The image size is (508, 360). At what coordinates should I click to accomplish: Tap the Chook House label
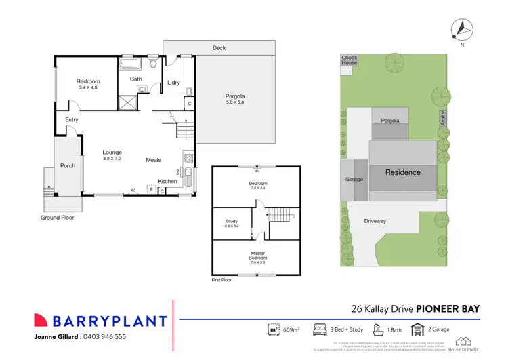click(x=350, y=60)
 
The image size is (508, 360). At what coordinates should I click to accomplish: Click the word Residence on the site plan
click(x=403, y=172)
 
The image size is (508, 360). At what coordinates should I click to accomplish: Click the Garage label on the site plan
click(x=354, y=180)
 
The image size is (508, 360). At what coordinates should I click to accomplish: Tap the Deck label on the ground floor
click(x=219, y=48)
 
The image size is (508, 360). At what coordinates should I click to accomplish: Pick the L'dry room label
click(x=173, y=83)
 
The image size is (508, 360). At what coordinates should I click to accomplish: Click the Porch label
click(x=68, y=165)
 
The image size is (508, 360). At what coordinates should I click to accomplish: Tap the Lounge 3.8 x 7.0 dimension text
click(x=112, y=158)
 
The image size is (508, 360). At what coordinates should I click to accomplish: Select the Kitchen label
click(x=167, y=181)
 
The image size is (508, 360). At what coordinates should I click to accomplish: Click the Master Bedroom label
click(x=257, y=255)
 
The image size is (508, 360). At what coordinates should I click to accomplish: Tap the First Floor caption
click(x=221, y=279)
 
